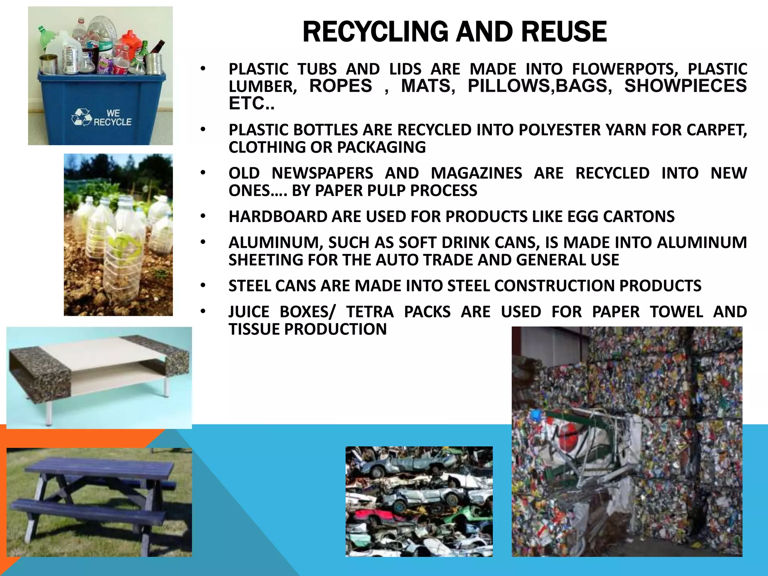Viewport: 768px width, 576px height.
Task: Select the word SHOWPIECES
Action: coord(685,86)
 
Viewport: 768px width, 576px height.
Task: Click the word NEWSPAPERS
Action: coord(322,173)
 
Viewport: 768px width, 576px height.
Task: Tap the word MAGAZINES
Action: coord(476,173)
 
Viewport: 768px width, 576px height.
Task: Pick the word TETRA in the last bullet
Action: coord(370,312)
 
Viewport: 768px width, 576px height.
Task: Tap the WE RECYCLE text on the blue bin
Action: coord(112,118)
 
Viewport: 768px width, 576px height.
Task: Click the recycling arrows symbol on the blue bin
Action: coord(81,117)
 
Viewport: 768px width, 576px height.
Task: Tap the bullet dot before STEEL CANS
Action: coord(203,286)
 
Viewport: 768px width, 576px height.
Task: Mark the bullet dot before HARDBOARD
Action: coord(203,217)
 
